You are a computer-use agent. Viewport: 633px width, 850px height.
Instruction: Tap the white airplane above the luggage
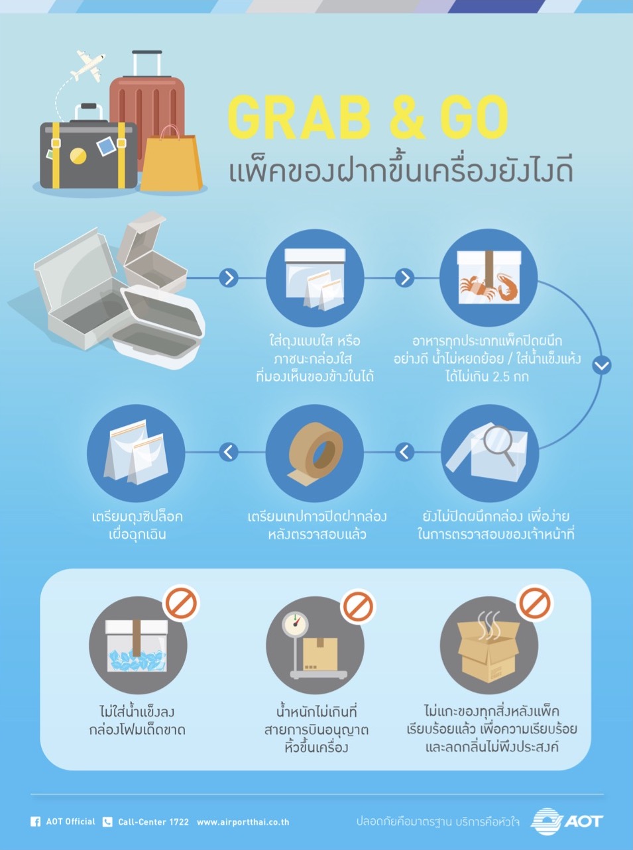[88, 65]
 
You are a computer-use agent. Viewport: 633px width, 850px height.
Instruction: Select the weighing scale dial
[297, 623]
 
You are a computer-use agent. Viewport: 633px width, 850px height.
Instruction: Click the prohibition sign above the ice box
[182, 604]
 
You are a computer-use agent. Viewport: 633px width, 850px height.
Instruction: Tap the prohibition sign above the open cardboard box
[535, 604]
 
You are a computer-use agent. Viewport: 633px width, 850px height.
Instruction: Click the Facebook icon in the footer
[36, 822]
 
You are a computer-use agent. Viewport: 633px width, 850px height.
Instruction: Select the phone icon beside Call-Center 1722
[107, 822]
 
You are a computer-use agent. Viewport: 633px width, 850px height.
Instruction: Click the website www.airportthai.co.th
[243, 822]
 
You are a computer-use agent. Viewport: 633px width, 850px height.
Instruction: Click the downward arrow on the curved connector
[602, 365]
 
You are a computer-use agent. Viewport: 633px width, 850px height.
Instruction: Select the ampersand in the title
[407, 118]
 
